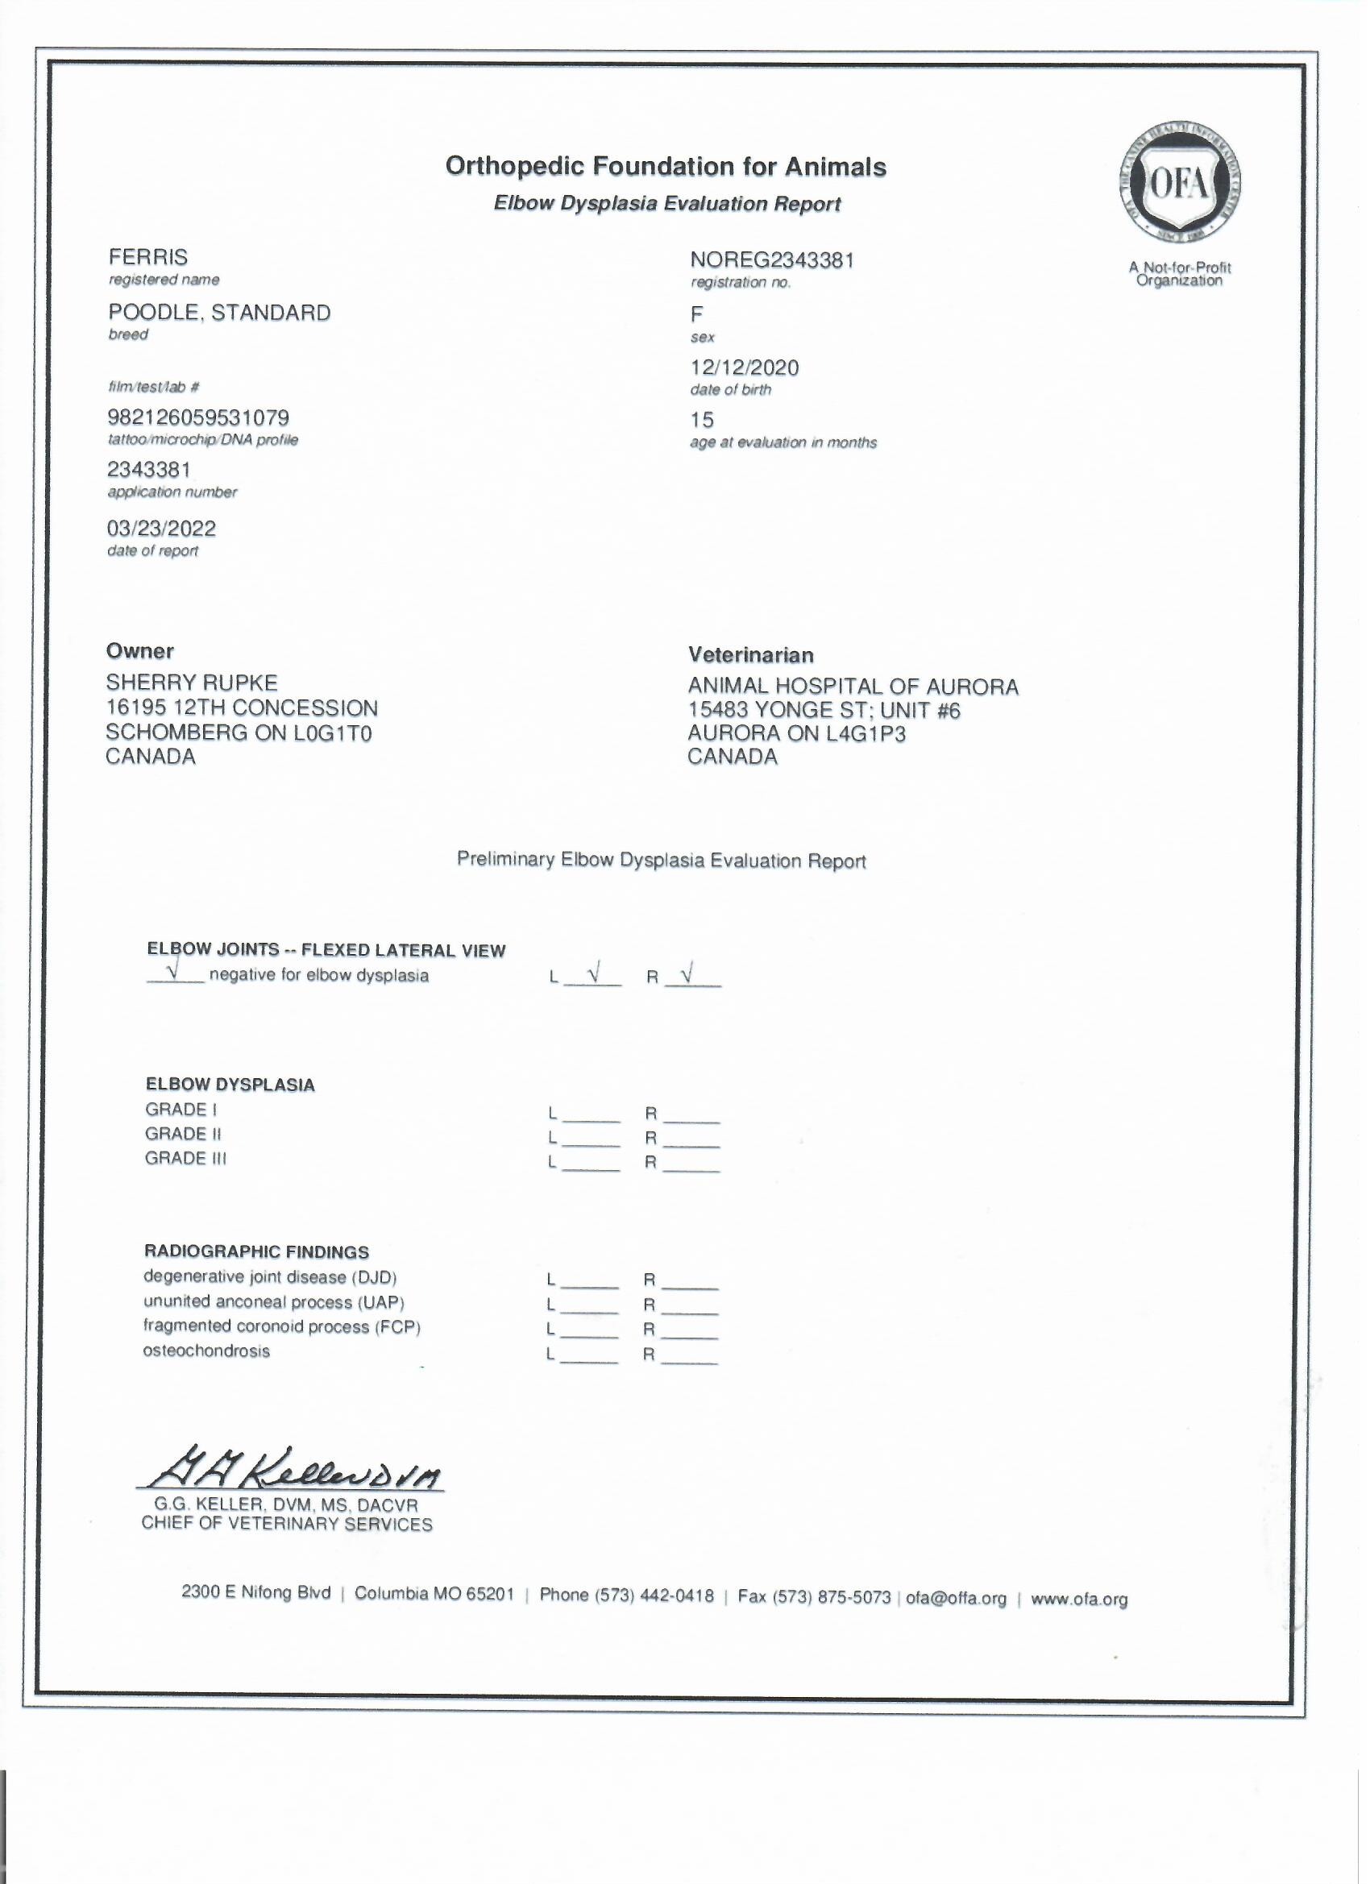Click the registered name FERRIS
[x=148, y=258]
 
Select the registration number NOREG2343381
[x=772, y=261]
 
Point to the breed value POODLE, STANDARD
[x=219, y=313]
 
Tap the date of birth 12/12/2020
[x=745, y=368]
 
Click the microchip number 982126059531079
[x=197, y=418]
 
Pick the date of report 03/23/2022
[x=161, y=529]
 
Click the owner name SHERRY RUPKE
[x=191, y=683]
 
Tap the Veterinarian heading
[x=751, y=655]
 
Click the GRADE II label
[x=183, y=1135]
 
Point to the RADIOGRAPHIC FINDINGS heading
[x=257, y=1252]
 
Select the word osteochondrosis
[x=206, y=1351]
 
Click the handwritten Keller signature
[x=291, y=1475]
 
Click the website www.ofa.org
[x=1079, y=1599]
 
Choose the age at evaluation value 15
[x=702, y=421]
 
